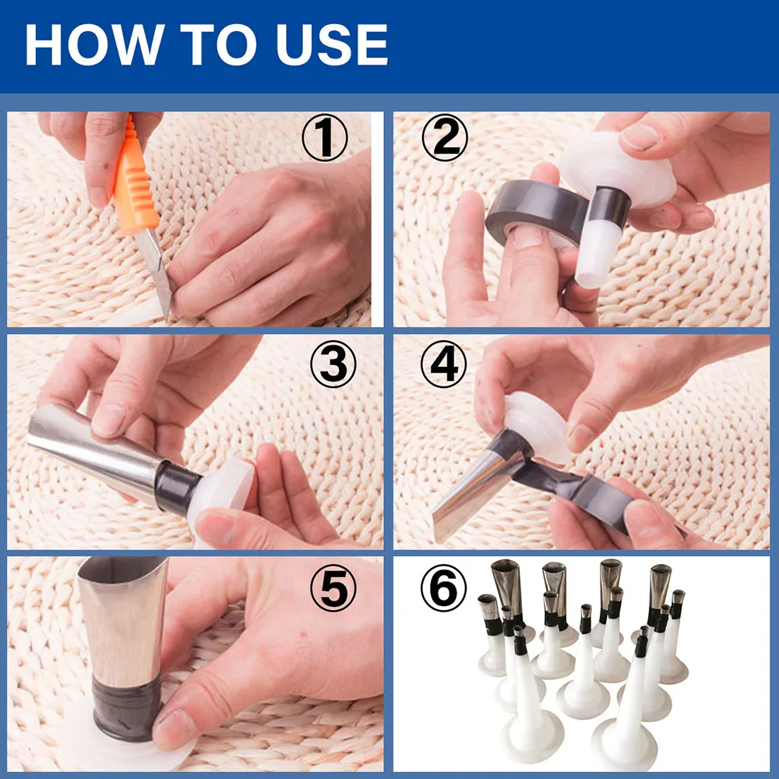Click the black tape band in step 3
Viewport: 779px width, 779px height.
pos(178,490)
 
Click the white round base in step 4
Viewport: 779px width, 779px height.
pos(538,421)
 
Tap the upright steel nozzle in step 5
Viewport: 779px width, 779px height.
pos(125,615)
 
